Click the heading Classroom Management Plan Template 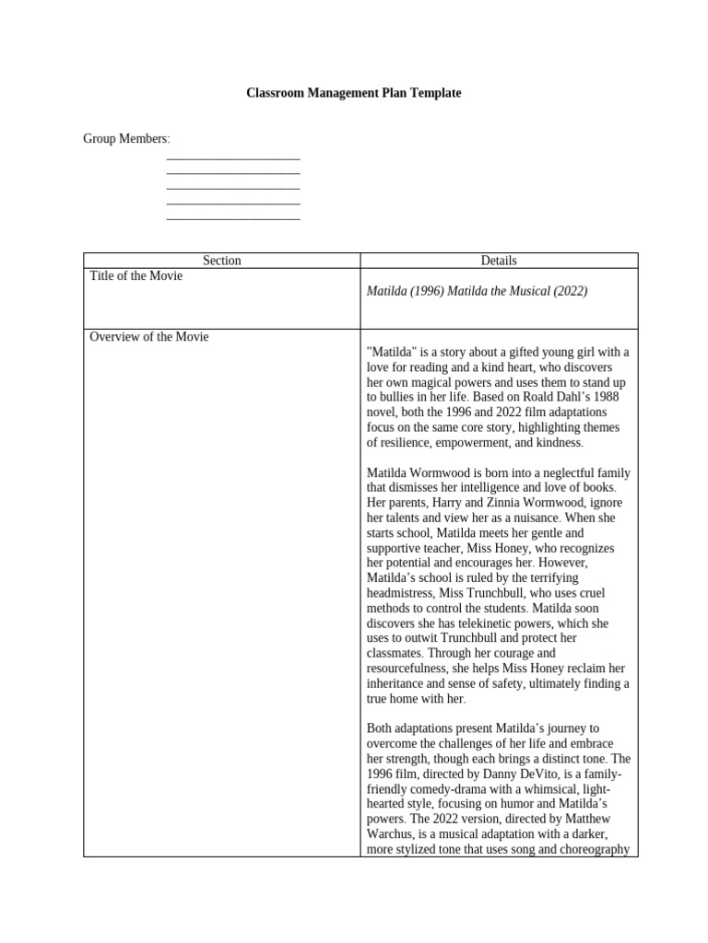tap(354, 93)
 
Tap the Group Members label tap(126, 138)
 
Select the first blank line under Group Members tap(233, 158)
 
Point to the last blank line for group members tap(233, 218)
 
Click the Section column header tap(221, 261)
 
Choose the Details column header tap(499, 261)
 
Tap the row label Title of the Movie tap(136, 276)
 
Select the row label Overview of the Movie tap(148, 337)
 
